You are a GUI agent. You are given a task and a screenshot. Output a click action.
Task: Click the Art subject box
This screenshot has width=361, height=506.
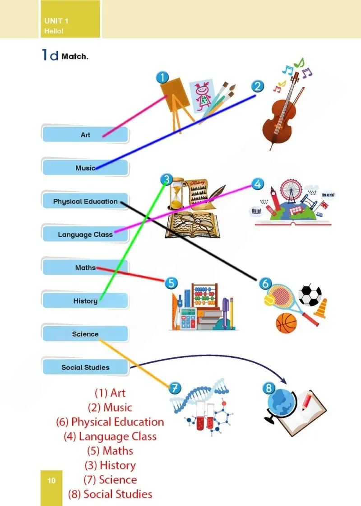point(85,134)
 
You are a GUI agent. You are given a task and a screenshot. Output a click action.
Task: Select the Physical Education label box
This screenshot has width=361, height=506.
point(85,201)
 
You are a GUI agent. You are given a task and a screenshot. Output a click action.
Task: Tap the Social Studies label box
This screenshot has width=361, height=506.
point(85,367)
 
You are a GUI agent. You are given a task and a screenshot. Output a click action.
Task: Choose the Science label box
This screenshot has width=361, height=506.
point(85,334)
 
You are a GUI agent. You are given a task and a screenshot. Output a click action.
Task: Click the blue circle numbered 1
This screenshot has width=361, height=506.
point(162,77)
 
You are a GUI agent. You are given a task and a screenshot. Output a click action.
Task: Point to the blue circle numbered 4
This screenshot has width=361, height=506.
point(258,184)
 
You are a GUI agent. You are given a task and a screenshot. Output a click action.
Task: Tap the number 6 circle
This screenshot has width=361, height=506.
point(265,283)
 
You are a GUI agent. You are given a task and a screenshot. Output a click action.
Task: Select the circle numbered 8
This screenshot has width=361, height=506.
point(269,388)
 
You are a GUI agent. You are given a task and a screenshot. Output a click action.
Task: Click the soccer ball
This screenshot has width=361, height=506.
point(310,295)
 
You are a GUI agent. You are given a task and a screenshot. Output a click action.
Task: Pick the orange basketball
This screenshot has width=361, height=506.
point(286,323)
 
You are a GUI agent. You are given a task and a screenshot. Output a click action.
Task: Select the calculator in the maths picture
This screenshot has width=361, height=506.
point(188,318)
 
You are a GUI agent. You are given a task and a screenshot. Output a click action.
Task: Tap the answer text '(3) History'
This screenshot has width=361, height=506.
point(110,465)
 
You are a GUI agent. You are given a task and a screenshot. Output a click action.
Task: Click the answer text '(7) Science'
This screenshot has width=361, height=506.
point(110,479)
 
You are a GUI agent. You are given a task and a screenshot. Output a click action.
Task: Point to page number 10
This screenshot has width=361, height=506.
point(51,481)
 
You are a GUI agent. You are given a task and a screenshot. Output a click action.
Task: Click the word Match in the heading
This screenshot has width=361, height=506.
point(74,56)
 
